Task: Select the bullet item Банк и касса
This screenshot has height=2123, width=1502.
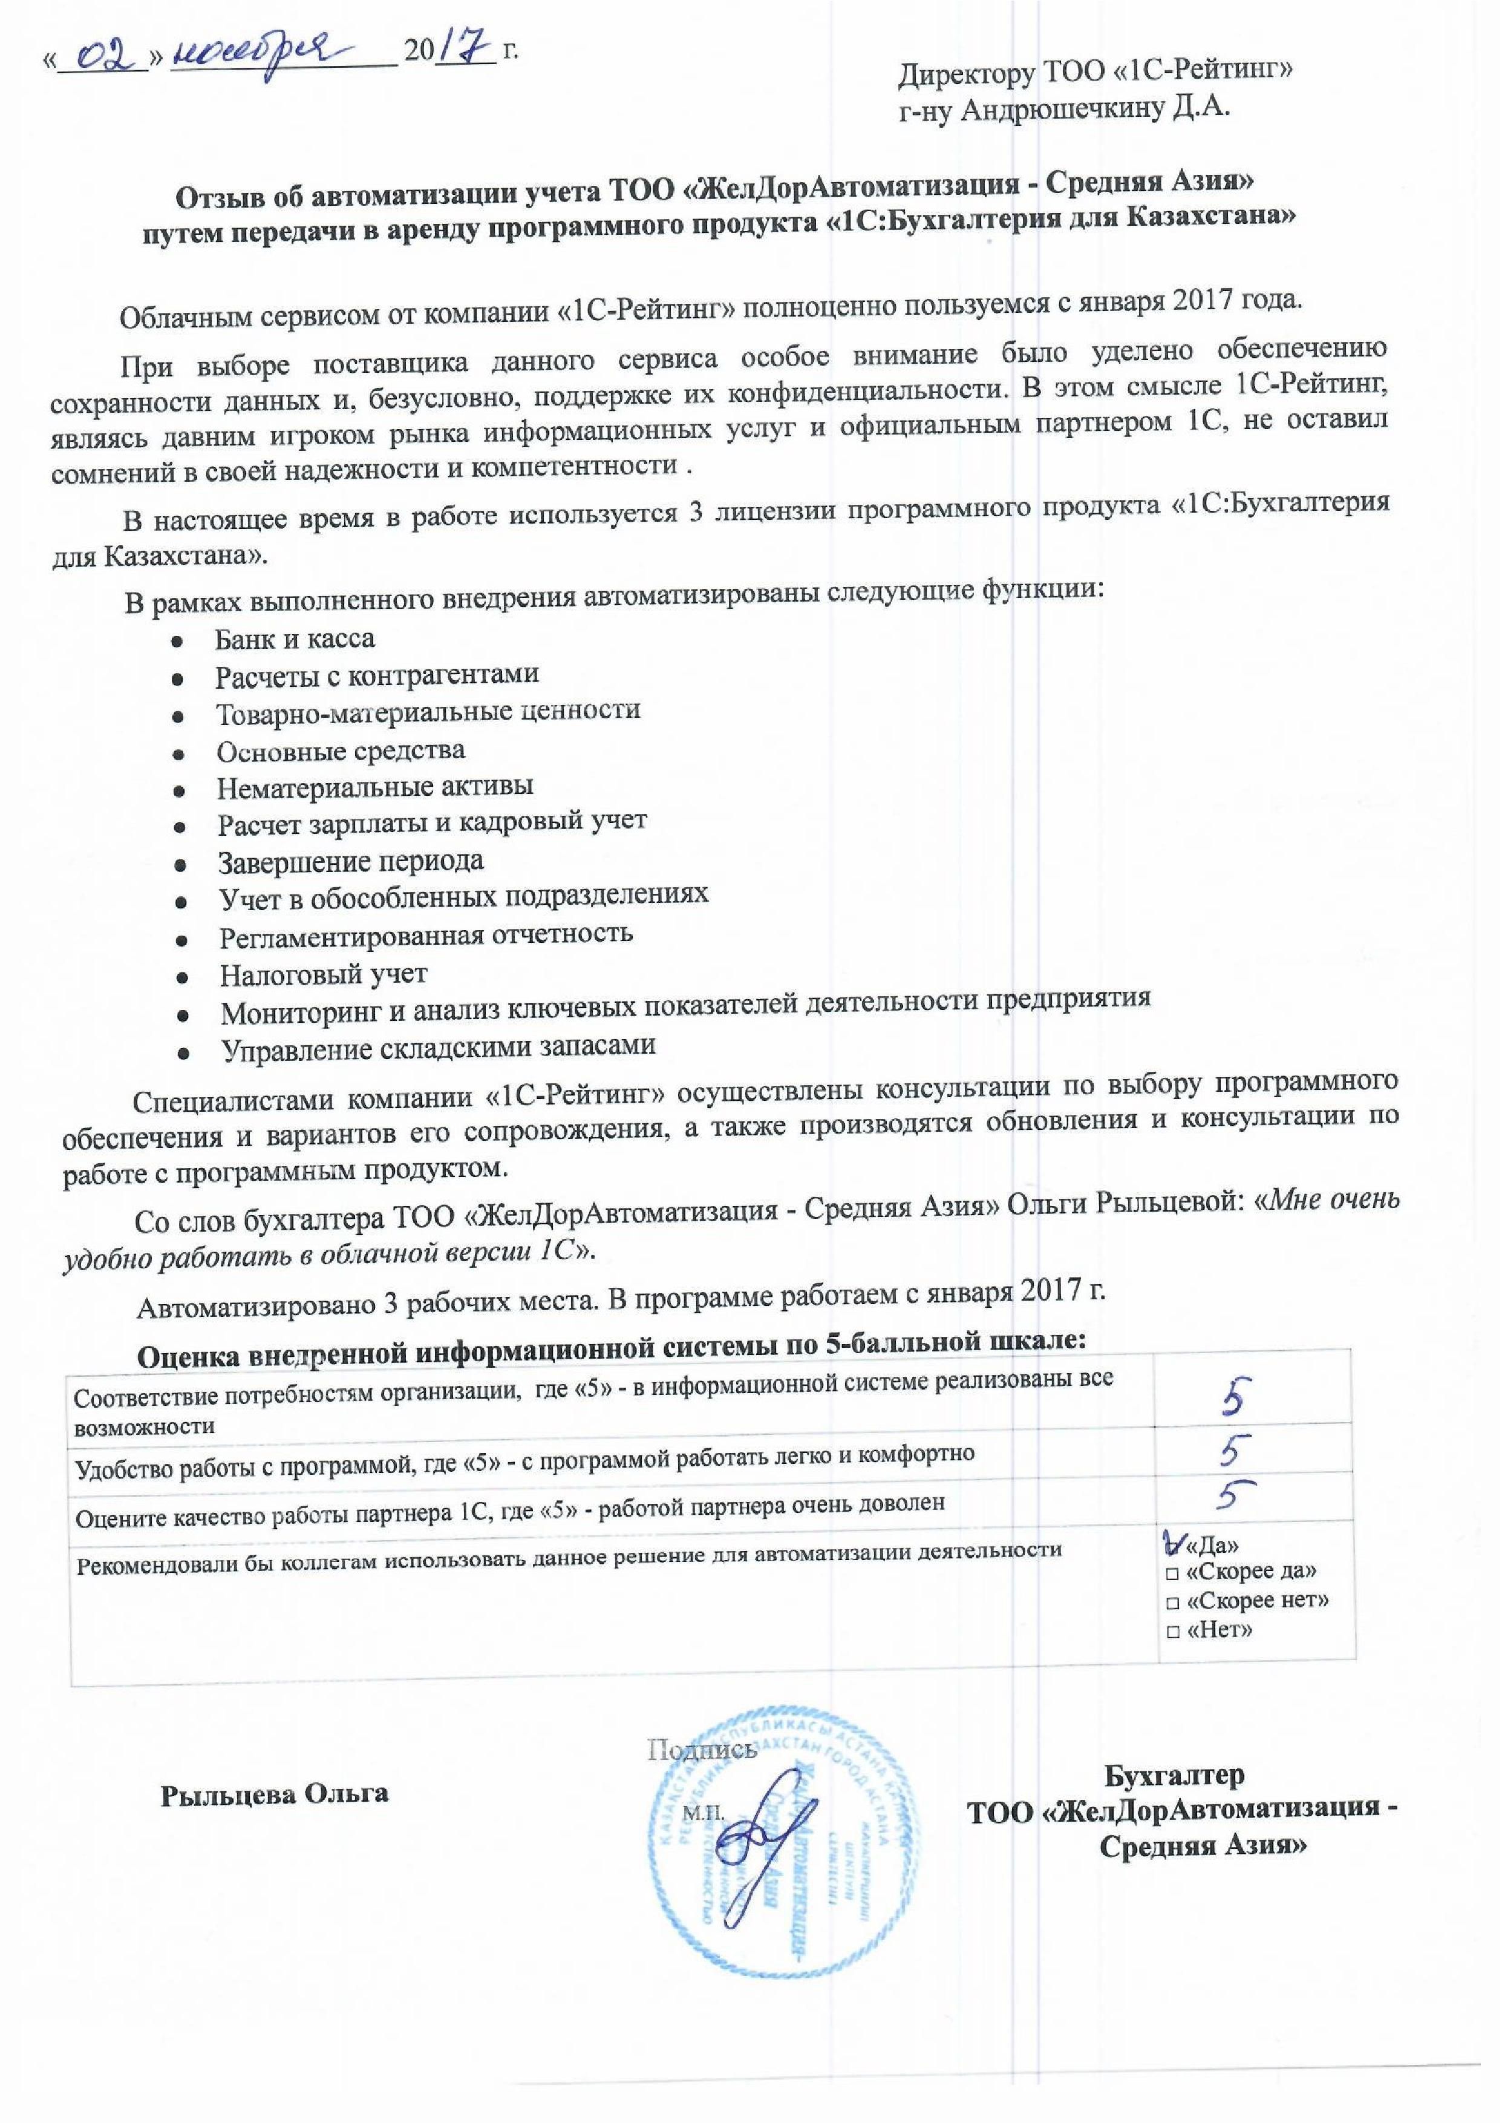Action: tap(294, 639)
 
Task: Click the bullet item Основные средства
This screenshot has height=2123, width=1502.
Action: tap(341, 751)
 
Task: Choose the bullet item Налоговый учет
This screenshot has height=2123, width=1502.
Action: tap(323, 974)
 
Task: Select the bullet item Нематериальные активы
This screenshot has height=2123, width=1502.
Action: tap(374, 787)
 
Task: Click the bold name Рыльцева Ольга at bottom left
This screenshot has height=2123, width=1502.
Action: tap(274, 1794)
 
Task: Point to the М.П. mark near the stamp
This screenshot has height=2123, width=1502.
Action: tap(702, 1812)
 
